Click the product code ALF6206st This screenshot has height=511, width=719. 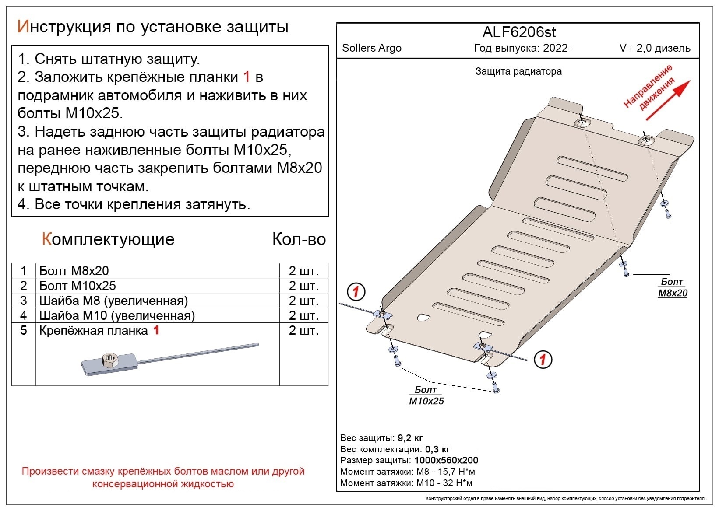[519, 32]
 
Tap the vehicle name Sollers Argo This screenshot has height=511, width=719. [371, 48]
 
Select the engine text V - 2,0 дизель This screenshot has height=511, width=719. [655, 48]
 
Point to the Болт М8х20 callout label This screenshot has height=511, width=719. [673, 287]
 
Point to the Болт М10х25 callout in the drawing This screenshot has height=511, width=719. [426, 395]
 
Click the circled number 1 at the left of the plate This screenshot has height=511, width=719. [356, 292]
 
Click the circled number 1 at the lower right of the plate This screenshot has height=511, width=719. [543, 360]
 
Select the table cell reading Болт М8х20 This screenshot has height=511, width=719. [74, 271]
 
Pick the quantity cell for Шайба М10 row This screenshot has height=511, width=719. [303, 315]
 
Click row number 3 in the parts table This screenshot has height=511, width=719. [24, 301]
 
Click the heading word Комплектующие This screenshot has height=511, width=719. [108, 239]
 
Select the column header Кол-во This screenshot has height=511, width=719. [299, 239]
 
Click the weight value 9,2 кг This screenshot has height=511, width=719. [410, 438]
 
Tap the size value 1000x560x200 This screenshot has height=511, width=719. [446, 460]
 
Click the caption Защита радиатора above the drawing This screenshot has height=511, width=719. [518, 71]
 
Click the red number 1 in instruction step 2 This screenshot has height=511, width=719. [247, 77]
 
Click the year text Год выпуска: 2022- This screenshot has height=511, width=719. [522, 48]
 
